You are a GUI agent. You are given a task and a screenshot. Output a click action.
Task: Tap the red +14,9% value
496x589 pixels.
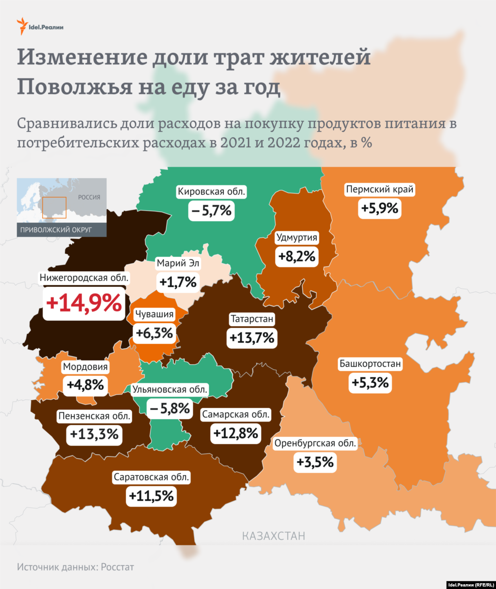pos(84,303)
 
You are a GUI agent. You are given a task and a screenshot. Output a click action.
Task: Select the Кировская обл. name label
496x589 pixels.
pos(211,192)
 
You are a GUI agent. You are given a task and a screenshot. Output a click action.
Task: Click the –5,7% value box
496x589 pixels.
pos(212,211)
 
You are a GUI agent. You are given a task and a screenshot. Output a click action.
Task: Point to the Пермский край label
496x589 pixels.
pos(380,189)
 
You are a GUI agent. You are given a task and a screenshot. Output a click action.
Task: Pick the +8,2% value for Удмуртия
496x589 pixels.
pos(297,256)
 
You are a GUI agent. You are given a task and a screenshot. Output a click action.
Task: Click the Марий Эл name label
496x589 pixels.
pos(178,263)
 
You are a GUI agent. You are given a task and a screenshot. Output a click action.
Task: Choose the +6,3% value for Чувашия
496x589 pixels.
pos(154,333)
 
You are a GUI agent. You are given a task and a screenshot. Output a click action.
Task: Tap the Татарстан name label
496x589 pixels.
pos(252,319)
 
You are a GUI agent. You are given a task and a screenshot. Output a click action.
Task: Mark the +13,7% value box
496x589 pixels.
pos(252,338)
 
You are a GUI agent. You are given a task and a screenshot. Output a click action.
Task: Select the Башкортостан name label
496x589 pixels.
pos(370,363)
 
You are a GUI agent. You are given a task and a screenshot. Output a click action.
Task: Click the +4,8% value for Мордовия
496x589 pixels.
pos(85,385)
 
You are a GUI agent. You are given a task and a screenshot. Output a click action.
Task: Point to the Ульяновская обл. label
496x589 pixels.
pos(170,390)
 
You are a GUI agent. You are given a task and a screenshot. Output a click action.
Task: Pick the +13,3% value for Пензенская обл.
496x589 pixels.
pos(94,434)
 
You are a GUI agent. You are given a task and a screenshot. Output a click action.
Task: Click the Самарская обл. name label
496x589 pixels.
pos(236,414)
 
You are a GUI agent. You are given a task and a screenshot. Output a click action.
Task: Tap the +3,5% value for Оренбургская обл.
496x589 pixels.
pos(315,462)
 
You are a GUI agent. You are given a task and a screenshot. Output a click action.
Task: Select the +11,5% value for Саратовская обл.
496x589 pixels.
pos(151,496)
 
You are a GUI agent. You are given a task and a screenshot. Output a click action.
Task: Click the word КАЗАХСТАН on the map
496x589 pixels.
pos(274,536)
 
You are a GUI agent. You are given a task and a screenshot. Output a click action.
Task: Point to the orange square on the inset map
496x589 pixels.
pos(54,208)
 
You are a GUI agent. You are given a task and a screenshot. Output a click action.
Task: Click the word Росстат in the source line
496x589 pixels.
pos(117,567)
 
